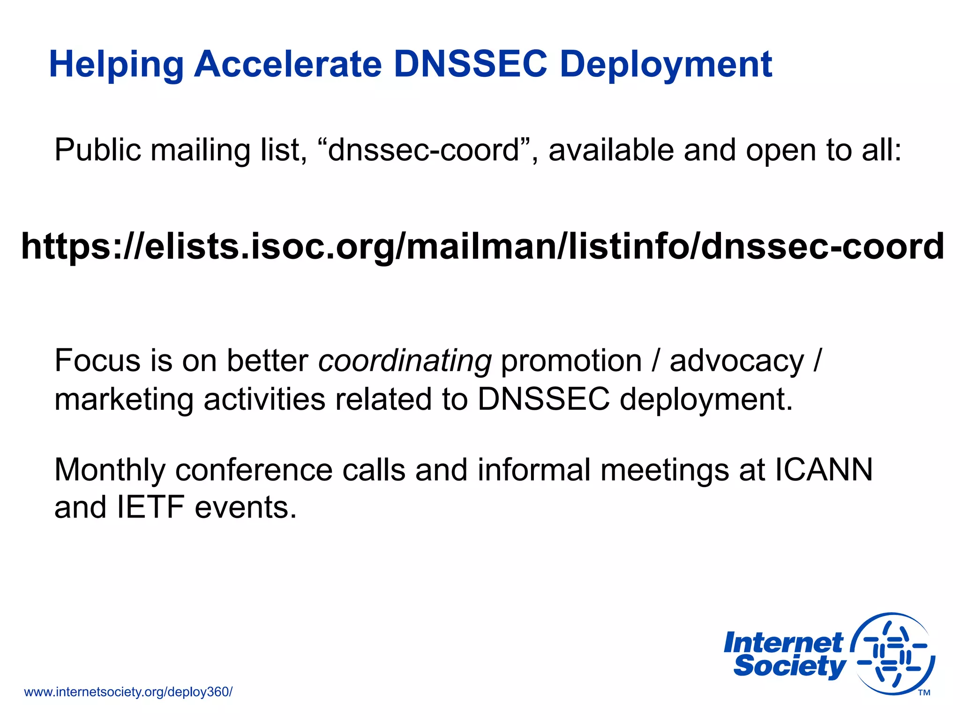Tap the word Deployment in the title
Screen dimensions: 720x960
[x=666, y=65]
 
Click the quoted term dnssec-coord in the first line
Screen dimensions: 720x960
[x=423, y=150]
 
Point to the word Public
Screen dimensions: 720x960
[x=97, y=150]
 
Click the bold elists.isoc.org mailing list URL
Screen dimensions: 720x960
[x=482, y=247]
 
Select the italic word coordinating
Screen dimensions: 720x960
[x=405, y=361]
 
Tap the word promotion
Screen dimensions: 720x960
[x=571, y=361]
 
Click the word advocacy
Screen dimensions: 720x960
[x=736, y=361]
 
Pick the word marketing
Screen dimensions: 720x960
[x=124, y=400]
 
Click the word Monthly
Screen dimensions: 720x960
[x=110, y=470]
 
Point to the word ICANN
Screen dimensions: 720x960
[x=824, y=470]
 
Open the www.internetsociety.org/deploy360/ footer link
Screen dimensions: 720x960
[x=128, y=692]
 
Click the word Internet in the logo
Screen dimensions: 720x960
[x=783, y=643]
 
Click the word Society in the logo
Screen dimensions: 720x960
[x=789, y=666]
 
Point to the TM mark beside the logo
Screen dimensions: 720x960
[x=924, y=693]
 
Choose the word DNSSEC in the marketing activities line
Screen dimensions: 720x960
[x=543, y=400]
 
